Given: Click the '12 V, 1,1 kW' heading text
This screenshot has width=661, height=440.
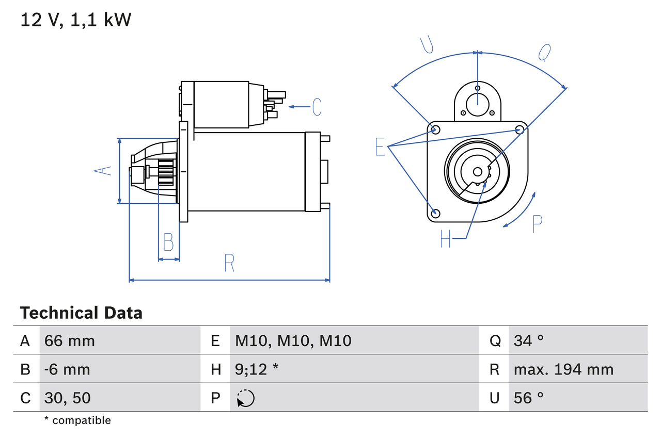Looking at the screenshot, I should pyautogui.click(x=76, y=20).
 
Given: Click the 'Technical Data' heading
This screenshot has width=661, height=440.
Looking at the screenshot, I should pyautogui.click(x=81, y=313).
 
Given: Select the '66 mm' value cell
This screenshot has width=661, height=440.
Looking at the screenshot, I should pyautogui.click(x=70, y=340).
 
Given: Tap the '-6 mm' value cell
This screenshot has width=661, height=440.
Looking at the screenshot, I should pyautogui.click(x=67, y=369).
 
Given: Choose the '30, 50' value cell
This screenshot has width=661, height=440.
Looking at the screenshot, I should pyautogui.click(x=68, y=398).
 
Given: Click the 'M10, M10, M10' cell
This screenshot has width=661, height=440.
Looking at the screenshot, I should pyautogui.click(x=293, y=340).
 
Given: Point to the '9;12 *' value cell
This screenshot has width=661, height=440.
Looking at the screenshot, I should pyautogui.click(x=257, y=369).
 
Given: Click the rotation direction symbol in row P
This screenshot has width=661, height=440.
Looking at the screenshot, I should pyautogui.click(x=246, y=398).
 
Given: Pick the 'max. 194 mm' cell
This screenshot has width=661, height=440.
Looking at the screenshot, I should pyautogui.click(x=563, y=369).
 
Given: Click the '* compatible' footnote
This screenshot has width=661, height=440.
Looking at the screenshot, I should pyautogui.click(x=77, y=420).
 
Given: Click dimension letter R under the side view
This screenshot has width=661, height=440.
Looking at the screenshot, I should pyautogui.click(x=229, y=263).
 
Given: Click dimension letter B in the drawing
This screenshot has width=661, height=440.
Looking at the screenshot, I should pyautogui.click(x=168, y=242).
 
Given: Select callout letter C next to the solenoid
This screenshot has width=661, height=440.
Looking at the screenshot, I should pyautogui.click(x=317, y=107).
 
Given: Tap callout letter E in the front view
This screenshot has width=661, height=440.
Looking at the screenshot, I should pyautogui.click(x=380, y=147).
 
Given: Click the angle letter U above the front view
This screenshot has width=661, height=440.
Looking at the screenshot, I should pyautogui.click(x=426, y=45).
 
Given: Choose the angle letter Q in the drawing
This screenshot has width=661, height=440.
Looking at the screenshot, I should pyautogui.click(x=544, y=52).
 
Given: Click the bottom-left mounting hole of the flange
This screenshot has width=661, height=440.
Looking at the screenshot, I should pyautogui.click(x=435, y=213).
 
